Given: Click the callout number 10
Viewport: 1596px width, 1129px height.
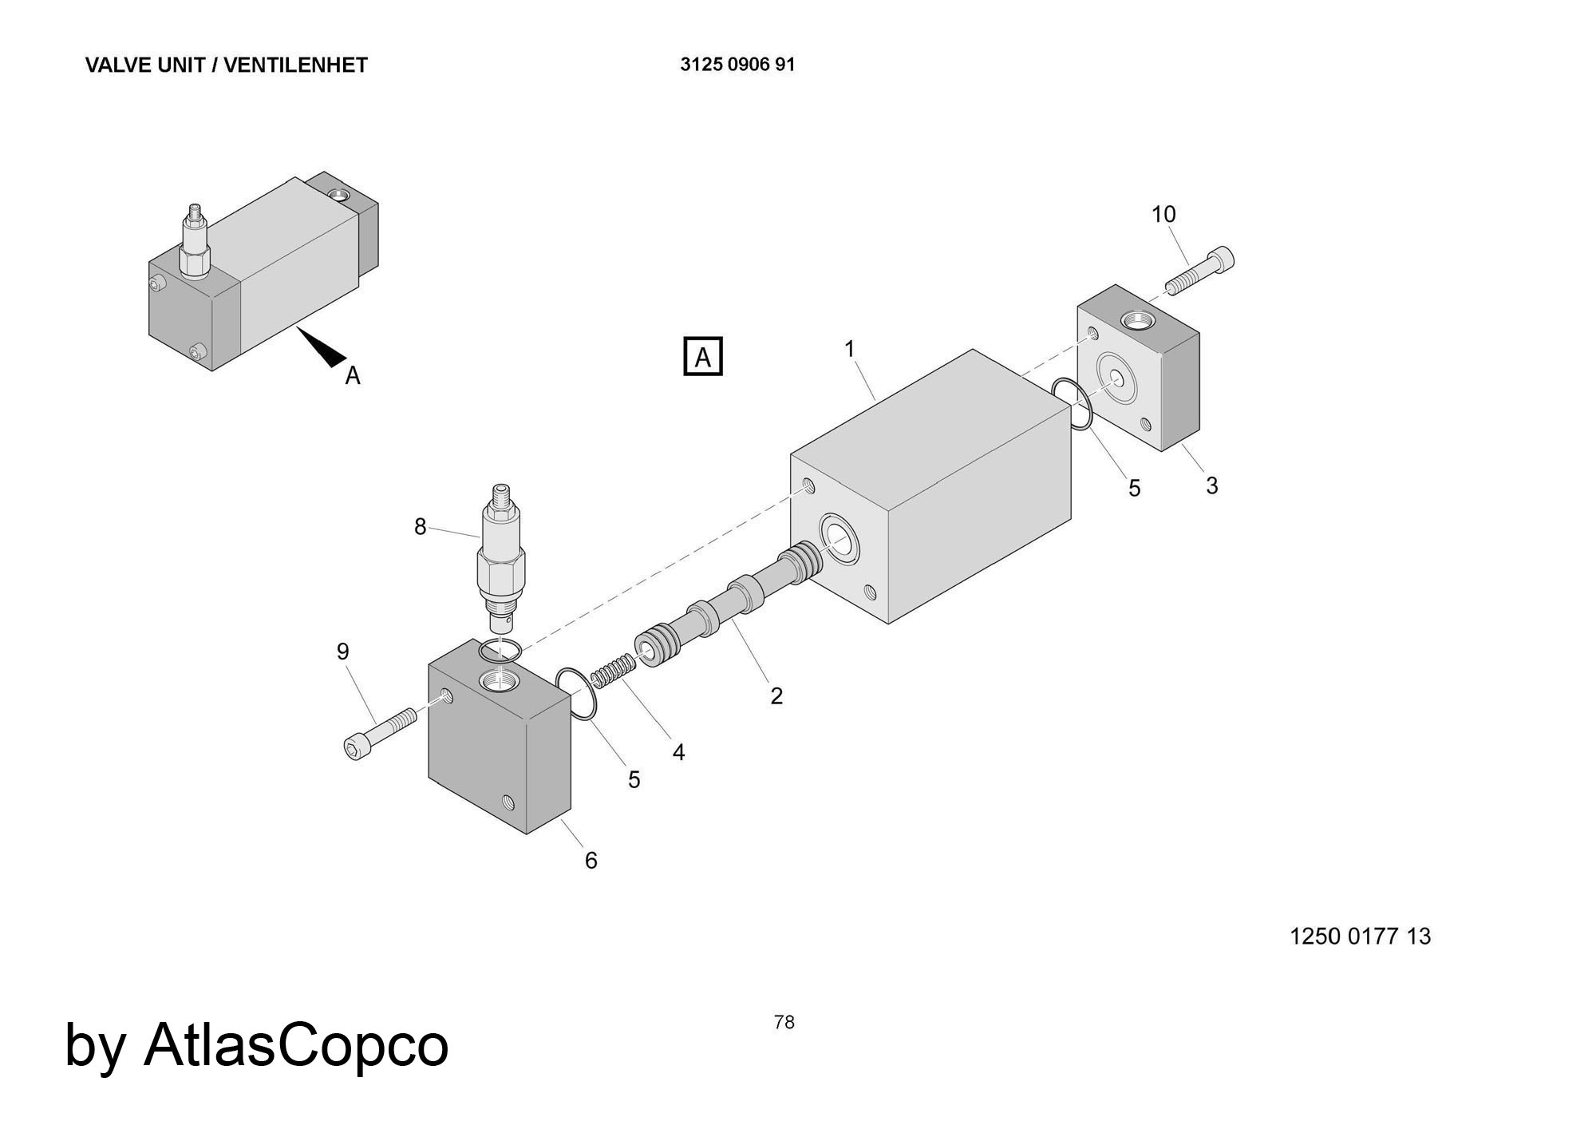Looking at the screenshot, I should pyautogui.click(x=1163, y=214).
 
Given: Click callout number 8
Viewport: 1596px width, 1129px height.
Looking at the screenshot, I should pyautogui.click(x=421, y=527).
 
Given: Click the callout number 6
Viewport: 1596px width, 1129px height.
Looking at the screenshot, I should pyautogui.click(x=591, y=860).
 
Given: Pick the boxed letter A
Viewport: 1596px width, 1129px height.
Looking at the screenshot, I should pyautogui.click(x=703, y=357).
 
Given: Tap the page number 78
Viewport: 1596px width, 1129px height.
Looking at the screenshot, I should pyautogui.click(x=784, y=1022).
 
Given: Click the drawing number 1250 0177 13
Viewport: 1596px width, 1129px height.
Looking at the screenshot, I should pyautogui.click(x=1360, y=936).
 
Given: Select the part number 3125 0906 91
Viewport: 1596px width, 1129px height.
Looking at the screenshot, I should pyautogui.click(x=737, y=65).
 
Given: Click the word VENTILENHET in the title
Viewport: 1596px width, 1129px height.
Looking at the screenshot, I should pyautogui.click(x=295, y=65).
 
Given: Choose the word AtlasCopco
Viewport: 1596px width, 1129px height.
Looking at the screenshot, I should pyautogui.click(x=296, y=1044).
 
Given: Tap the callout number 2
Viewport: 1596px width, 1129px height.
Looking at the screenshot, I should pyautogui.click(x=776, y=696).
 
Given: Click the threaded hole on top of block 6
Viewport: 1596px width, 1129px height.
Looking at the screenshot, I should pyautogui.click(x=499, y=681).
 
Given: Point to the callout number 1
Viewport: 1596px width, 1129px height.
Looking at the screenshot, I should pyautogui.click(x=850, y=349).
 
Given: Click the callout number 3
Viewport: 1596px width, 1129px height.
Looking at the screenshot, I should pyautogui.click(x=1211, y=485).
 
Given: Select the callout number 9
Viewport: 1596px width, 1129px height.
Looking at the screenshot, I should pyautogui.click(x=343, y=652).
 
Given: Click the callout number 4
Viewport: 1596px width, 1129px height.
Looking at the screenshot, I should pyautogui.click(x=678, y=752).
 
